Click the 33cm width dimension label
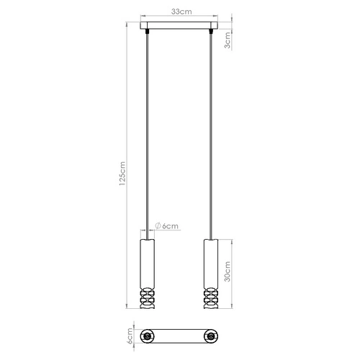(x=180, y=11)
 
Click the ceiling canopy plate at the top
(x=180, y=26)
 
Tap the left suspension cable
(x=147, y=130)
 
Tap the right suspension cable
(x=212, y=130)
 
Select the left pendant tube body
(x=147, y=263)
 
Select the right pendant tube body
(x=212, y=263)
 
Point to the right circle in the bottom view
(x=212, y=336)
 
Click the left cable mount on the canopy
(x=147, y=31)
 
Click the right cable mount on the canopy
(x=212, y=31)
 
